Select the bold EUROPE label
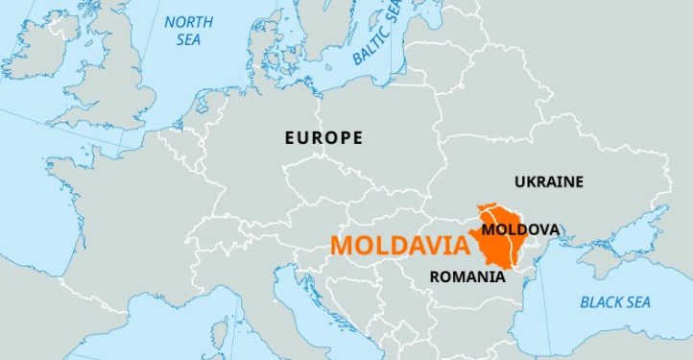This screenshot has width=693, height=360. click(323, 138)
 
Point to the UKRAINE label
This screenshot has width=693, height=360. click(548, 180)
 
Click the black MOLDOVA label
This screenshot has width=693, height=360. click(520, 229)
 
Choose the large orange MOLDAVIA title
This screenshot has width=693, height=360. click(400, 245)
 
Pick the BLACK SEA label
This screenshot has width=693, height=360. click(614, 302)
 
